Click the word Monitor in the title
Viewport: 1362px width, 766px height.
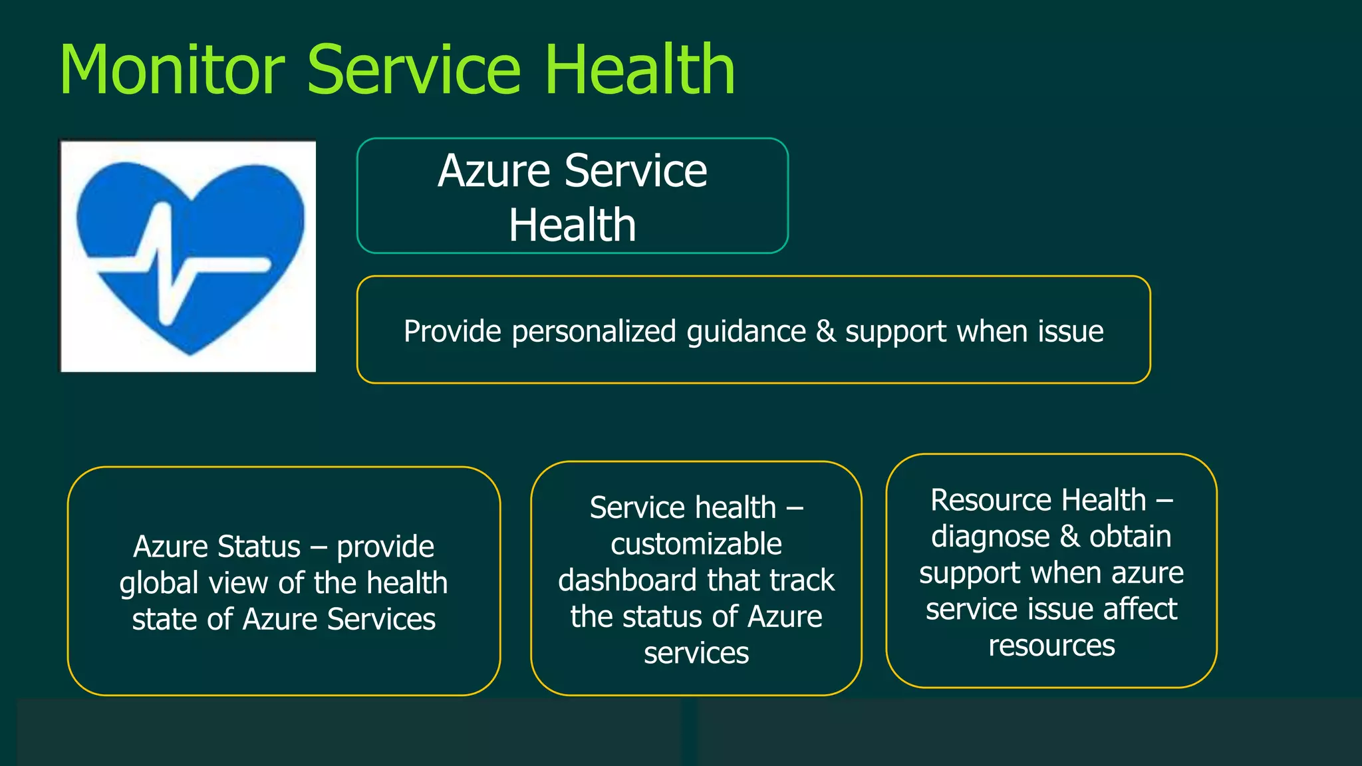[x=172, y=70]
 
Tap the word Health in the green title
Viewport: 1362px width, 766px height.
[x=639, y=70]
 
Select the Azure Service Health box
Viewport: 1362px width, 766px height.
[x=572, y=196]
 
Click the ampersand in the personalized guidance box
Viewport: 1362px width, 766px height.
[x=825, y=331]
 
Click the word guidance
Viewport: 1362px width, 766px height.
[x=746, y=332]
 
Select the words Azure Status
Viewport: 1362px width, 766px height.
[x=217, y=547]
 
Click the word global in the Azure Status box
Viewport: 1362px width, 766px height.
[x=159, y=584]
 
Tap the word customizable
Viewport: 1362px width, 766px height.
[x=696, y=545]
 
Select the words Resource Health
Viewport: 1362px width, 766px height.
[x=1038, y=500]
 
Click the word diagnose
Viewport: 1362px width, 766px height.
[x=990, y=537]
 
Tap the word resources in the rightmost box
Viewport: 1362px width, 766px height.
[x=1051, y=646]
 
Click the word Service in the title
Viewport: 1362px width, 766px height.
[x=413, y=70]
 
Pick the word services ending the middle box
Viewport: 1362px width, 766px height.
[x=696, y=653]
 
